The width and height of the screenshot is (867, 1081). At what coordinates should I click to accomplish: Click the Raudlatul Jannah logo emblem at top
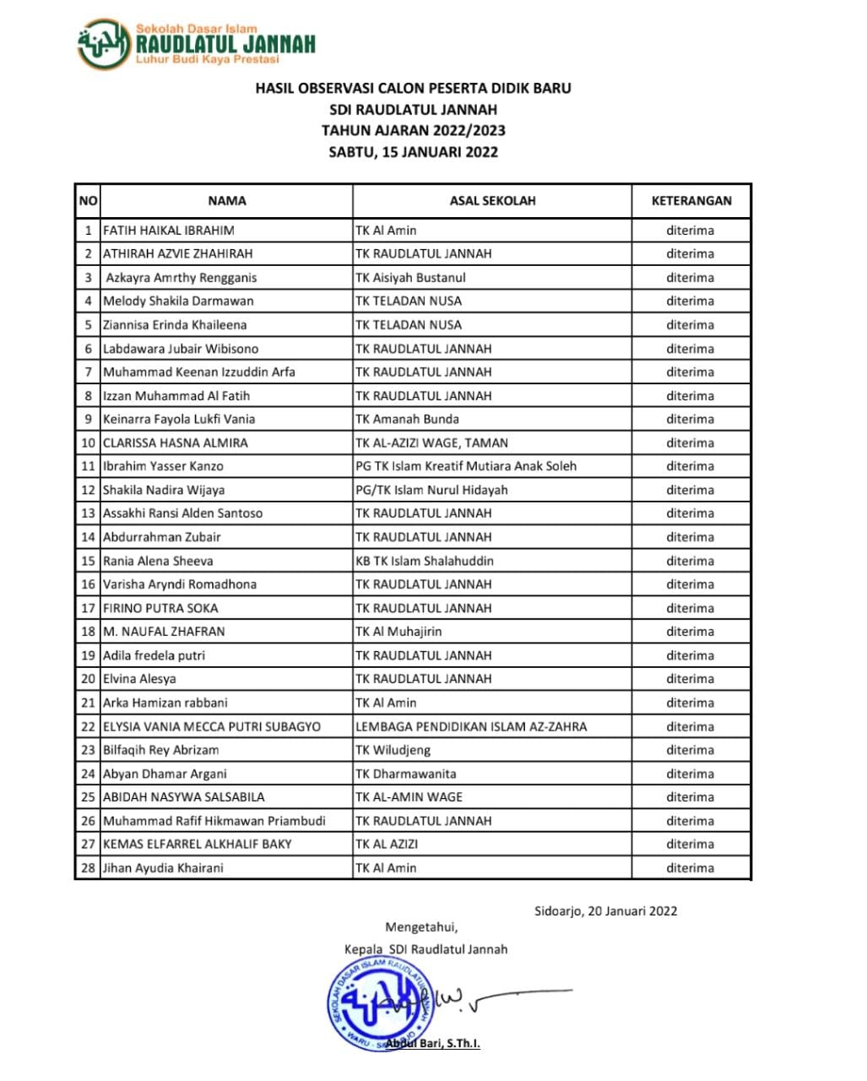[104, 44]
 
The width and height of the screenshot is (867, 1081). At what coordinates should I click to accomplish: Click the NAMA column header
[227, 201]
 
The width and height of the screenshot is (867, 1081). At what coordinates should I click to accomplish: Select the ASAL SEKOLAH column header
[492, 201]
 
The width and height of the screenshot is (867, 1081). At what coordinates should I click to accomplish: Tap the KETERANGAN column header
[691, 201]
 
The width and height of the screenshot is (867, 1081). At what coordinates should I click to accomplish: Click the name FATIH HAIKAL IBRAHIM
[169, 231]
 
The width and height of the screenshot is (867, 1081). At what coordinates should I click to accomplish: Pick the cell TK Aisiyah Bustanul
[410, 278]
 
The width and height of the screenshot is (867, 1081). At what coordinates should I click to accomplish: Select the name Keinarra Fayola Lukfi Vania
[179, 419]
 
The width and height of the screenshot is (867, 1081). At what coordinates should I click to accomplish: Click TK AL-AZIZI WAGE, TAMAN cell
[431, 443]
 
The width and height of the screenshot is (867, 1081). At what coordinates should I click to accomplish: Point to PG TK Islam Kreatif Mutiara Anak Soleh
[466, 466]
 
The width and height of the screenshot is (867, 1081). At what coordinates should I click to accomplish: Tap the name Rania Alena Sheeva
[158, 561]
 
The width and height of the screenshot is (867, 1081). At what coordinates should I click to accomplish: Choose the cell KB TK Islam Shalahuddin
[425, 561]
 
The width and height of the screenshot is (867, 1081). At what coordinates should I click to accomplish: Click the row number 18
[88, 632]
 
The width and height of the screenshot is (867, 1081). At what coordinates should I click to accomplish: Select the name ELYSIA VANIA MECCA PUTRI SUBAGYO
[212, 726]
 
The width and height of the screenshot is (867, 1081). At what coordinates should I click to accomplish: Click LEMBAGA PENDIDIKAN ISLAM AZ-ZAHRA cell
[471, 726]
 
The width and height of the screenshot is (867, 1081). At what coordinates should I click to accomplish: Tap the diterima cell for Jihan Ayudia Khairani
[690, 868]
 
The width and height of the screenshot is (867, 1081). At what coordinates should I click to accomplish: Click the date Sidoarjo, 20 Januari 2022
[605, 911]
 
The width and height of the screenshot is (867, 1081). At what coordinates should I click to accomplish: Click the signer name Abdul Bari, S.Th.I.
[438, 1044]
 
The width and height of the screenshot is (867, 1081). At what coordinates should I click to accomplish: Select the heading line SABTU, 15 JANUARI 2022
[414, 153]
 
